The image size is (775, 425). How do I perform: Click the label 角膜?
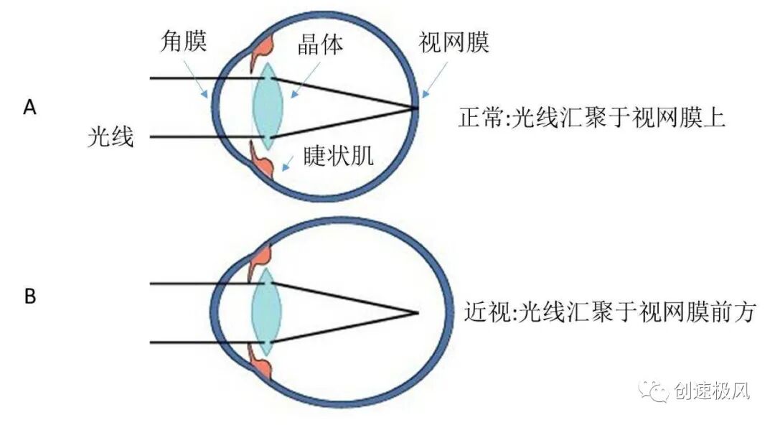tap(183, 42)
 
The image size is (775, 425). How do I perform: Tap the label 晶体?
tap(320, 45)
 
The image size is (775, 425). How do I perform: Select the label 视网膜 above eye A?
tap(454, 42)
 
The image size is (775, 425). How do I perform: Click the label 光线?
tap(111, 136)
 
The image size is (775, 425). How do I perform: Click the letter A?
tap(29, 108)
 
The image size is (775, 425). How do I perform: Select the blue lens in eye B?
tap(266, 313)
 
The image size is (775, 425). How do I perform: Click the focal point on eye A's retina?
tap(415, 108)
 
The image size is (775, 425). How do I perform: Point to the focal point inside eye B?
tap(416, 313)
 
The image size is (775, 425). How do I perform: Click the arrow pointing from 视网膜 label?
tap(436, 80)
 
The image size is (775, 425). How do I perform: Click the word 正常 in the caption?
tap(475, 117)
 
